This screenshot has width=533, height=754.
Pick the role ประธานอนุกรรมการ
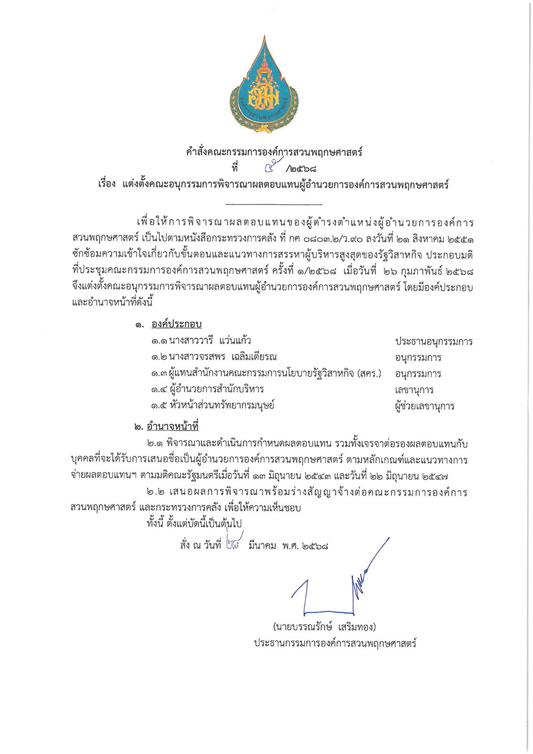433,341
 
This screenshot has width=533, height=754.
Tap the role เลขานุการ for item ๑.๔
414,390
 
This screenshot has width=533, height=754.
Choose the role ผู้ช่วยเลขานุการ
424,406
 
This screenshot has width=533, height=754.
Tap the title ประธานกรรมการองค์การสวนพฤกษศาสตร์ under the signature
335,644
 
